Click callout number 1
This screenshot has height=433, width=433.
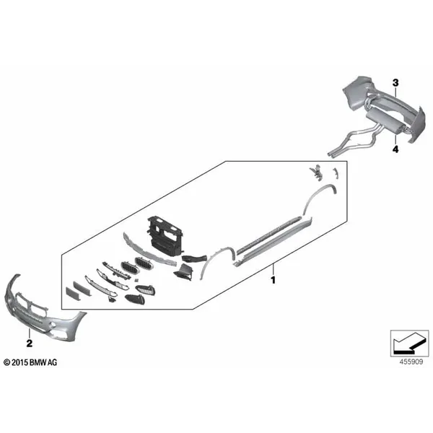pos(273,280)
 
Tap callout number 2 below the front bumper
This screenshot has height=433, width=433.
pos(30,344)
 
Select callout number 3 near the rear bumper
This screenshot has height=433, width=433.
pos(395,82)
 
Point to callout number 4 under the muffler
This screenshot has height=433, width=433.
pos(395,149)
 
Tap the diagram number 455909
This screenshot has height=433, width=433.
pos(411,362)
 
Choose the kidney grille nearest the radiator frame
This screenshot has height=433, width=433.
pos(144,263)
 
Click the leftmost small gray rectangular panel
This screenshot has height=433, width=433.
pos(73,294)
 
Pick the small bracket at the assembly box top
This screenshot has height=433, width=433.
pos(317,172)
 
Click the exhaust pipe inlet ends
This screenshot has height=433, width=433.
pos(332,154)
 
